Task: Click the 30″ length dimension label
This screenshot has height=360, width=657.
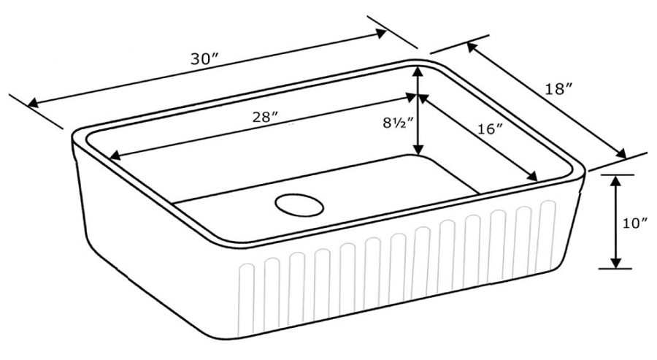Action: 205,59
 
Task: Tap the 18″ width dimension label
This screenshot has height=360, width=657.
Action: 558,89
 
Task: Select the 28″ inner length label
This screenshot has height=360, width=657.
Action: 266,118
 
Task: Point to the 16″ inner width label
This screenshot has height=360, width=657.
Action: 490,129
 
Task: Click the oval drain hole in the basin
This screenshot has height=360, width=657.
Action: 299,205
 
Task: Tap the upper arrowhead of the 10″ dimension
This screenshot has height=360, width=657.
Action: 615,180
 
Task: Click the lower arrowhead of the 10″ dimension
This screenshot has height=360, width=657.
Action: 615,262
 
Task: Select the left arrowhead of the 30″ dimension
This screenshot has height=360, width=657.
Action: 33,103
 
